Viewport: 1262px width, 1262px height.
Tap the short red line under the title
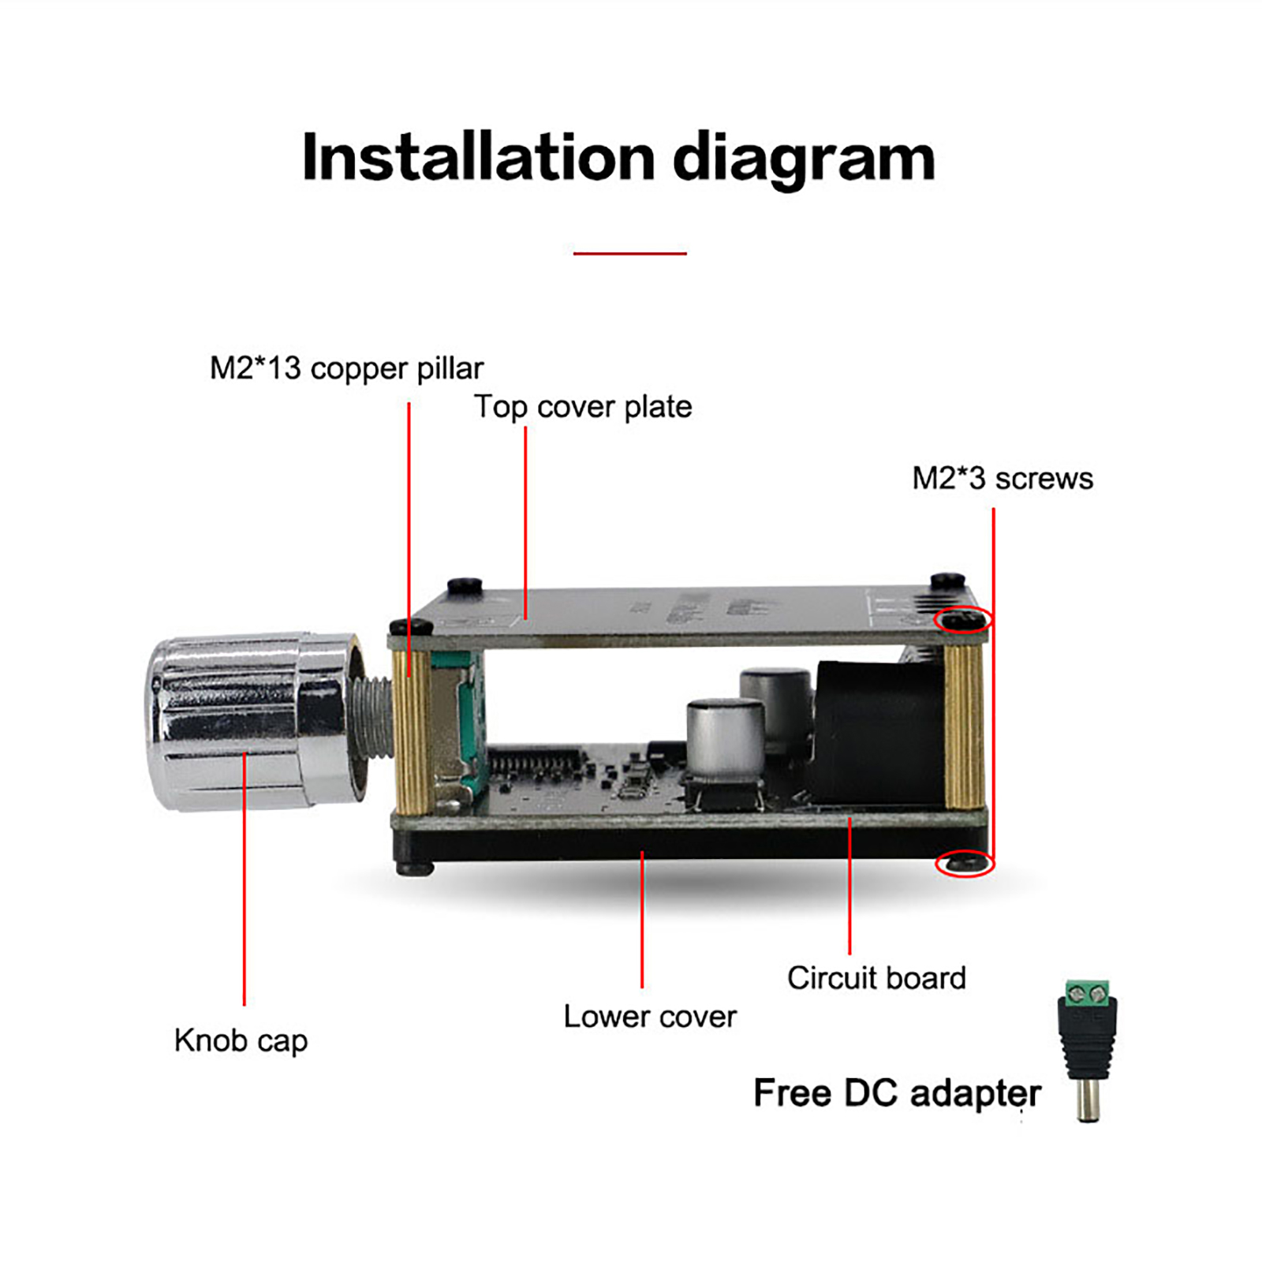coord(629,253)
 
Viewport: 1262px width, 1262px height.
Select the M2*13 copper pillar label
coord(346,368)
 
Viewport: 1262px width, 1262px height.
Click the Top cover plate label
coord(582,407)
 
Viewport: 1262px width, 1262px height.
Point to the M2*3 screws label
coord(1002,479)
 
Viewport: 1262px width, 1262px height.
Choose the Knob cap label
coord(241,1040)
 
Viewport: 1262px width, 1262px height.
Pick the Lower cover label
coord(650,1016)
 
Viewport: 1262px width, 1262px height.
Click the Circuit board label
coord(876,978)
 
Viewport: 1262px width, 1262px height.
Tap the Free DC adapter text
coord(897,1093)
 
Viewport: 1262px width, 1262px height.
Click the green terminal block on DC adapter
coord(1087,994)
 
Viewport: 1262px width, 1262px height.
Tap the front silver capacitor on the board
coord(724,741)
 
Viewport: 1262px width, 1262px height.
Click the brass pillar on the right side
coord(964,726)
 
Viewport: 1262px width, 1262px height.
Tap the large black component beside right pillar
coord(879,730)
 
